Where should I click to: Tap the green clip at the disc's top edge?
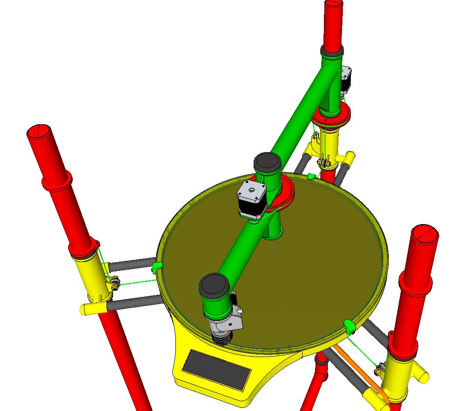point(311,176)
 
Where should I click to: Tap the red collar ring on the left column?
point(57,181)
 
